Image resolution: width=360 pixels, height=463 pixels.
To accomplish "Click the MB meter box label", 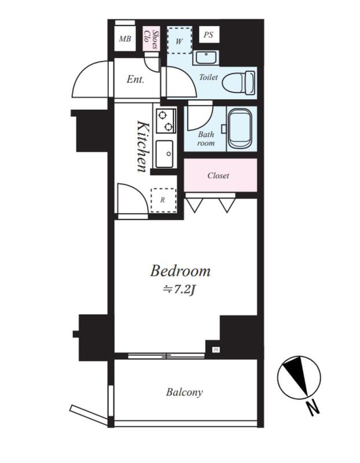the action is click(x=125, y=39).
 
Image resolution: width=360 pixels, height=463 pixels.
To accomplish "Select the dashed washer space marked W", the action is click(x=179, y=41).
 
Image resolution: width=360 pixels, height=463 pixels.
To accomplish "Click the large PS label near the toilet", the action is click(x=208, y=35).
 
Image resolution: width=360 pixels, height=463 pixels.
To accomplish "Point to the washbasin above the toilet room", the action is click(x=206, y=57).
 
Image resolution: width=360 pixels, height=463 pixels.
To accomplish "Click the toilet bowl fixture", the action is click(x=238, y=83).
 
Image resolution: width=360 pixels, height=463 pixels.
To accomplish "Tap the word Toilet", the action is click(x=208, y=78).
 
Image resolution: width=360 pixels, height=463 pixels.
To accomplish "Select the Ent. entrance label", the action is click(x=135, y=79).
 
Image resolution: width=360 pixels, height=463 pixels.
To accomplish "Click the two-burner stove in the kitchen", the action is click(x=166, y=121).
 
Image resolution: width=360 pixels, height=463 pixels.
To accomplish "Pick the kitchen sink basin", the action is click(x=164, y=153).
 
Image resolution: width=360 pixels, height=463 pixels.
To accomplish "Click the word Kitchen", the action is click(x=142, y=146).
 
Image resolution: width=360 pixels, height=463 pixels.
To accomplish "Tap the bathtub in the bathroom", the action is click(x=240, y=128).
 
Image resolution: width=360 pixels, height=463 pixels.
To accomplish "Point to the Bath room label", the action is click(x=206, y=139).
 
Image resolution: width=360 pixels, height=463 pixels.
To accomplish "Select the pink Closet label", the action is click(x=218, y=176).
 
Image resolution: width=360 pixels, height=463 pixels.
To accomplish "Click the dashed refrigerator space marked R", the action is click(x=163, y=200).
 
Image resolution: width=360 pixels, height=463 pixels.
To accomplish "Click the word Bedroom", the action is click(x=180, y=271).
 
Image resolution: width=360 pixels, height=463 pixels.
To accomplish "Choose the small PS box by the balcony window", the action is click(x=216, y=350).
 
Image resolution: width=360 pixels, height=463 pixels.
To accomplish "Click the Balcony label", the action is click(x=184, y=392).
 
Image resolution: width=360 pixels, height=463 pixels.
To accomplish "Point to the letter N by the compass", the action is click(x=313, y=409).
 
